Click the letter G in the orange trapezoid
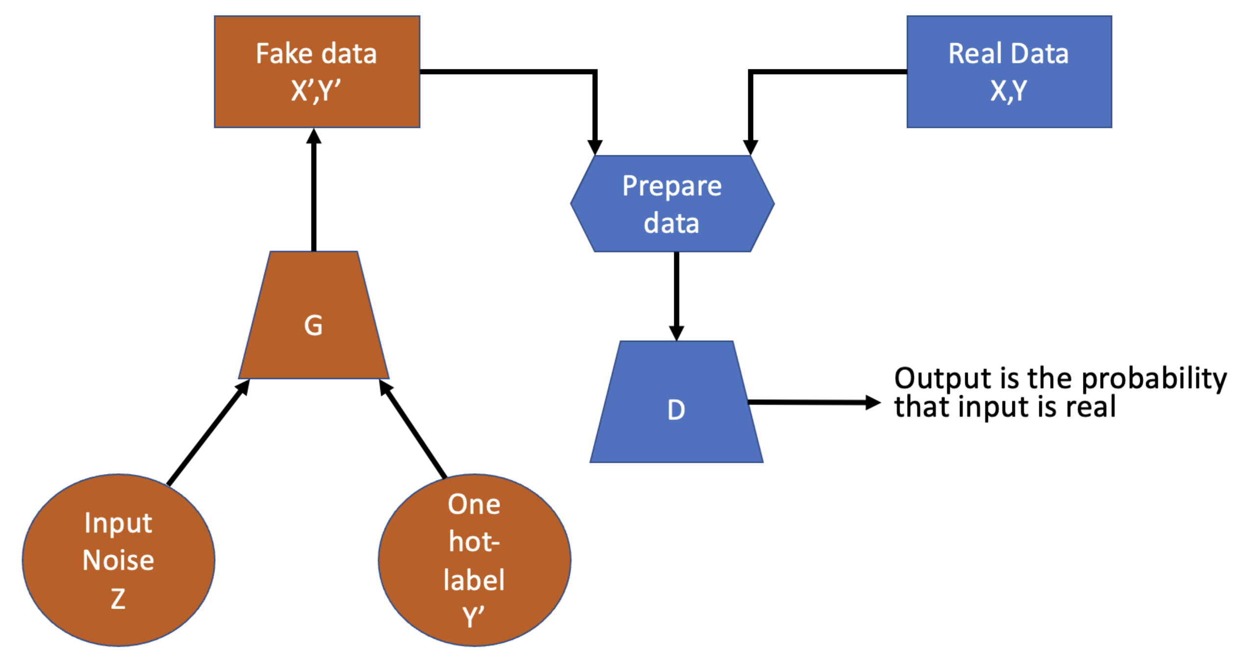click(313, 325)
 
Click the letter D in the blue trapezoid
click(676, 410)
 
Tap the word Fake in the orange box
click(284, 53)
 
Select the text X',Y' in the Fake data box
click(316, 91)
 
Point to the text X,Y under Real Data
click(1008, 91)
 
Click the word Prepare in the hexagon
click(671, 186)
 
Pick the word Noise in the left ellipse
click(118, 560)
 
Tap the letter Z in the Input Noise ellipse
click(118, 598)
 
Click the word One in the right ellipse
click(473, 504)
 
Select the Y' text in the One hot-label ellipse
click(473, 617)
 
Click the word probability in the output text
click(1154, 379)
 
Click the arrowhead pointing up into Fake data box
click(314, 137)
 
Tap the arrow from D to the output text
click(813, 403)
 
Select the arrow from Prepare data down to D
click(676, 294)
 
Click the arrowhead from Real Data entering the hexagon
click(750, 146)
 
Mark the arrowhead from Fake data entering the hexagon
click(594, 146)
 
